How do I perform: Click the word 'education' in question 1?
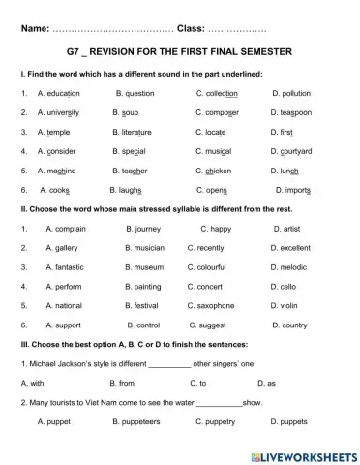pos(60,94)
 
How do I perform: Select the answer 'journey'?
pos(147,229)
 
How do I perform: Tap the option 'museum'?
pos(149,267)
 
